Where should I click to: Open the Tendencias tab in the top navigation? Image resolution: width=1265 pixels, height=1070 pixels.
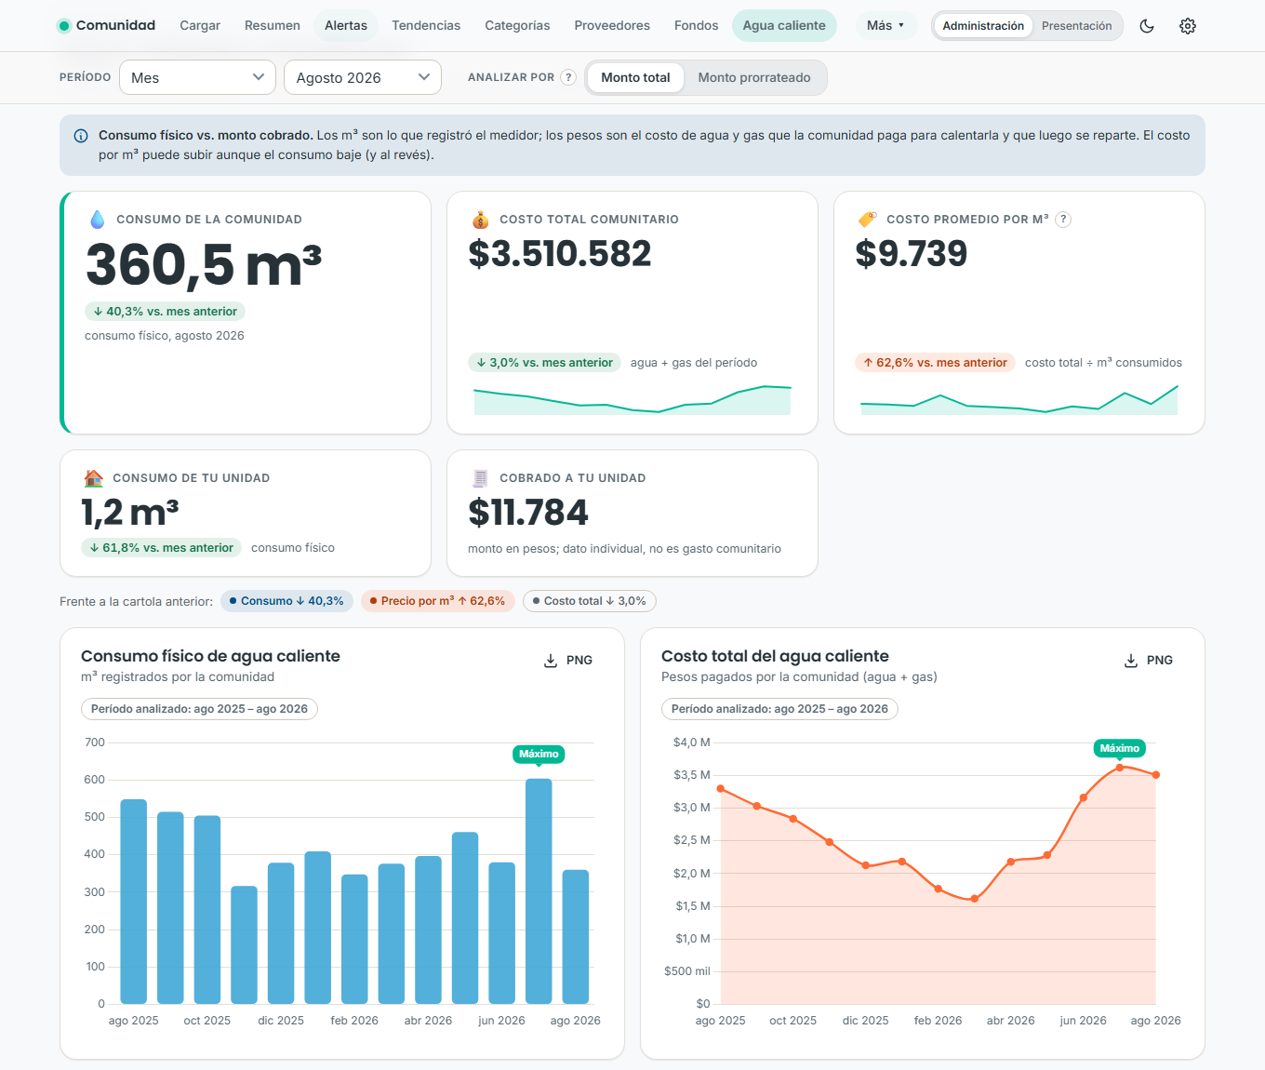pyautogui.click(x=426, y=26)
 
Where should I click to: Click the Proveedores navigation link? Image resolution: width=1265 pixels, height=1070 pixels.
pyautogui.click(x=611, y=26)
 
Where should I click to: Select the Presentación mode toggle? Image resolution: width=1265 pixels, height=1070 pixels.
pyautogui.click(x=1076, y=26)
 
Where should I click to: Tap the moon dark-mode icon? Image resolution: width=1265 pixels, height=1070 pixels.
pyautogui.click(x=1146, y=26)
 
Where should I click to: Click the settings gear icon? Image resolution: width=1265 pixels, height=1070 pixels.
pyautogui.click(x=1187, y=26)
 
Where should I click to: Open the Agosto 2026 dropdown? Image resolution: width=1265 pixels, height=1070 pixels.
pyautogui.click(x=363, y=77)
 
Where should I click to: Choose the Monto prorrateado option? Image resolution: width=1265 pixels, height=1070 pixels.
pyautogui.click(x=754, y=78)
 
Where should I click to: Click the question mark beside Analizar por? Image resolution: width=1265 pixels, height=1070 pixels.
pyautogui.click(x=568, y=77)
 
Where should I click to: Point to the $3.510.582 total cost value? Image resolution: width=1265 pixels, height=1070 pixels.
pyautogui.click(x=559, y=253)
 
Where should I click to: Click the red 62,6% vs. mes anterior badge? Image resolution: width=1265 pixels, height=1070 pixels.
pyautogui.click(x=935, y=362)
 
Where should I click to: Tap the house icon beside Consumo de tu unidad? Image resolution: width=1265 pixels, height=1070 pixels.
pyautogui.click(x=94, y=478)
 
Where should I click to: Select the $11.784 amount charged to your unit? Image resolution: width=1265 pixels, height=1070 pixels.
pyautogui.click(x=527, y=513)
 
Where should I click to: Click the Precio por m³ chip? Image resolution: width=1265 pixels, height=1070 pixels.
pyautogui.click(x=437, y=601)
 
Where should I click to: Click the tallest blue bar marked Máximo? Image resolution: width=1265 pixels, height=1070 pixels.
pyautogui.click(x=539, y=890)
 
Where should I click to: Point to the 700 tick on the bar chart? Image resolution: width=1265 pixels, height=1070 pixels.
pyautogui.click(x=95, y=742)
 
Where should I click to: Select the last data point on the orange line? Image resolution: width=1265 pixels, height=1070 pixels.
pyautogui.click(x=1155, y=775)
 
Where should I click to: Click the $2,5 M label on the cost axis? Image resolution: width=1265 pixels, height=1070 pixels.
pyautogui.click(x=691, y=840)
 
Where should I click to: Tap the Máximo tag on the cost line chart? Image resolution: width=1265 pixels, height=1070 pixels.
pyautogui.click(x=1119, y=748)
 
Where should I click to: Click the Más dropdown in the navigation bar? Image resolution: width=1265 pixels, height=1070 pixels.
pyautogui.click(x=885, y=26)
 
